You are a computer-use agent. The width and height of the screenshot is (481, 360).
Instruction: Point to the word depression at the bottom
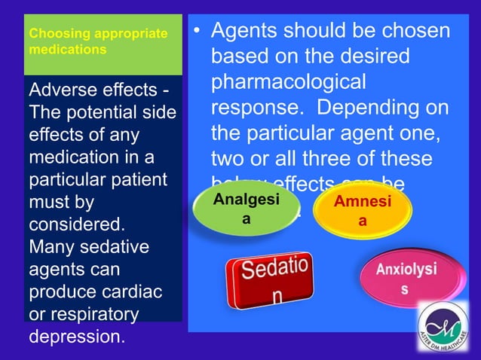point(75,335)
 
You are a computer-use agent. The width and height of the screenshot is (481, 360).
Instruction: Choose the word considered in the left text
point(76,224)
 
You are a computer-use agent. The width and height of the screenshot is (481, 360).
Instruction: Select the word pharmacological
point(288,82)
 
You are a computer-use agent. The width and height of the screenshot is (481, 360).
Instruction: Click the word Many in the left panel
point(51,246)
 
